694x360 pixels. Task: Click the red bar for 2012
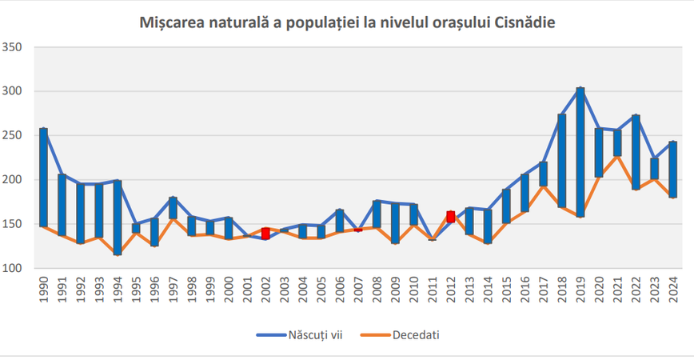(x=451, y=217)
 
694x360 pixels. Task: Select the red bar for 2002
(x=265, y=234)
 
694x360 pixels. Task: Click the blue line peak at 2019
(x=580, y=88)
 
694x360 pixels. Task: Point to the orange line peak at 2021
(x=617, y=156)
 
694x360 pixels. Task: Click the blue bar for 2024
(x=673, y=169)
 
